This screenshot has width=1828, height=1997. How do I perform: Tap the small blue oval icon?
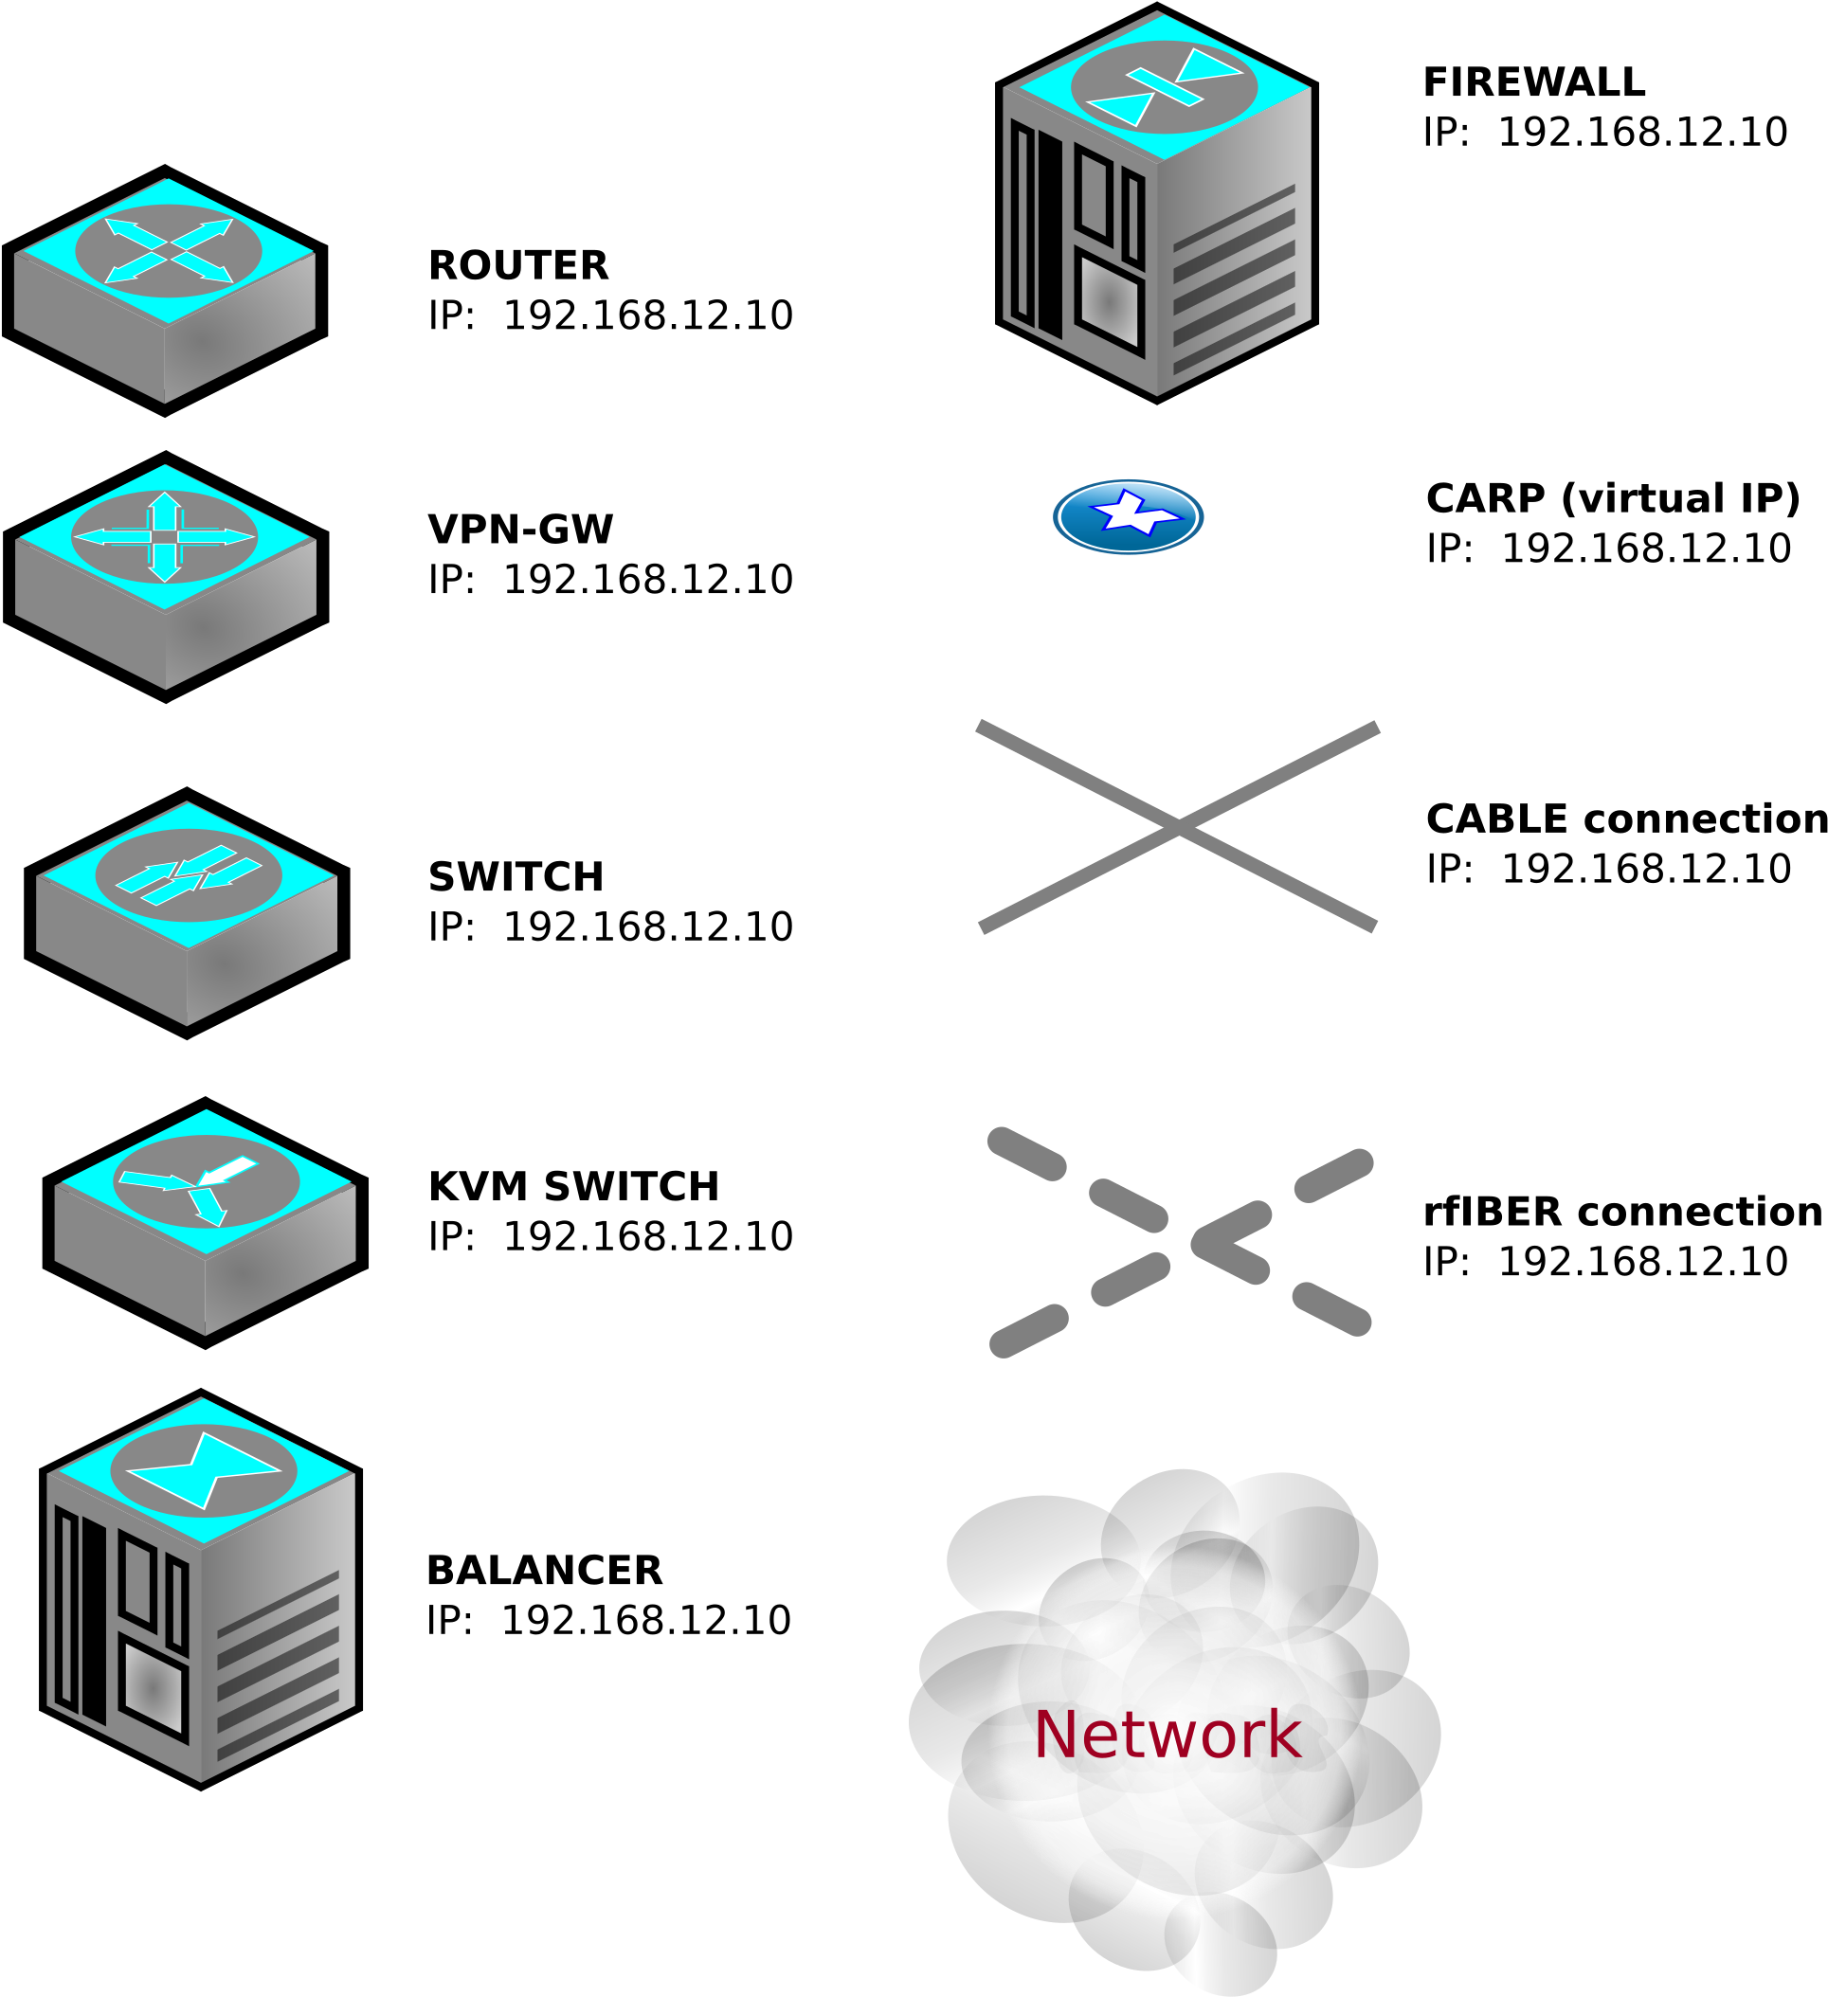(x=1128, y=517)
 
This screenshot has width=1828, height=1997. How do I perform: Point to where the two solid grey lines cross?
(x=1178, y=825)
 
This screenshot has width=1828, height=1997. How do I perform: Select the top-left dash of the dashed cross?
(x=1026, y=1154)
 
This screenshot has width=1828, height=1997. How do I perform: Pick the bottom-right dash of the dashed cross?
(x=1331, y=1309)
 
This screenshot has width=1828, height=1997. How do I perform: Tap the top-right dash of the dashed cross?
(x=1333, y=1175)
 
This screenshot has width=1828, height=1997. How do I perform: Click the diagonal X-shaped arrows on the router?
(x=170, y=251)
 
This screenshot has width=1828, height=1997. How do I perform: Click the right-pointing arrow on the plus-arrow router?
(x=218, y=537)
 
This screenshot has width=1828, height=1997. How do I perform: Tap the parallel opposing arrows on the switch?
(x=189, y=874)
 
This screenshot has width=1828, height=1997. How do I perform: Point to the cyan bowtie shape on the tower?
(x=204, y=1471)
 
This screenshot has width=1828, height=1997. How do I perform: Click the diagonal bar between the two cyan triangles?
(x=1164, y=86)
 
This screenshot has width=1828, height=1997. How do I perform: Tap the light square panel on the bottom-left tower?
(x=153, y=1688)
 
